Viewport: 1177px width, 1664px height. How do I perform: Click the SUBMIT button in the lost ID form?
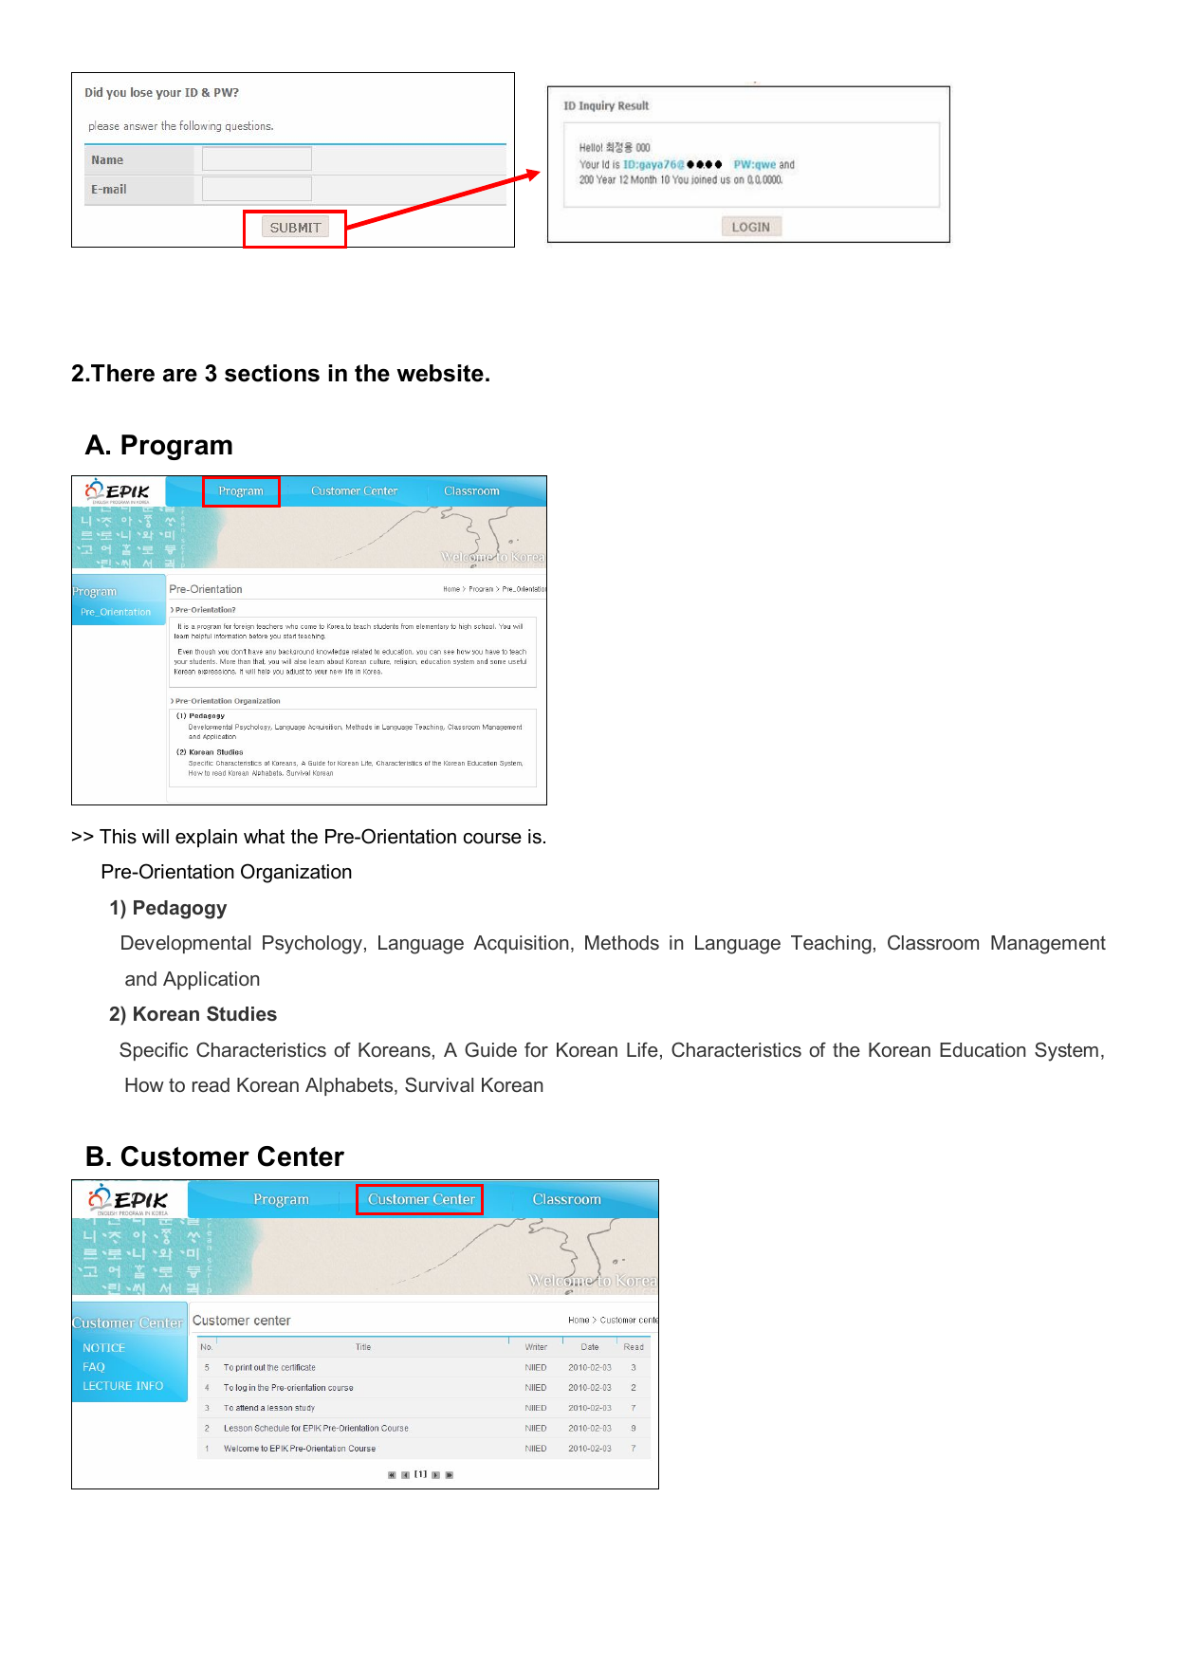[x=295, y=228]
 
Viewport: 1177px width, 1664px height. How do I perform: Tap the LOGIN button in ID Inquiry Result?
[x=751, y=227]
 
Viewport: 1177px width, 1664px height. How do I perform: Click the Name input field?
[x=257, y=159]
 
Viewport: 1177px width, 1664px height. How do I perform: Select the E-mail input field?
[x=257, y=189]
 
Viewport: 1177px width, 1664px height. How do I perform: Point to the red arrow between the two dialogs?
[x=444, y=200]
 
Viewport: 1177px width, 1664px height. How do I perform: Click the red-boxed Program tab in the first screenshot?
[x=241, y=491]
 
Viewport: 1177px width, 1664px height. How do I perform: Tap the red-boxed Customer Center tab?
[x=420, y=1199]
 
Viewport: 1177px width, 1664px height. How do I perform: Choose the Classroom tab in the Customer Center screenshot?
[x=566, y=1199]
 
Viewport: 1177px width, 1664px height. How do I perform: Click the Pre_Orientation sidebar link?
[x=116, y=612]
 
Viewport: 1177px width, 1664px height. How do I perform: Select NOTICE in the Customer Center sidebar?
[x=103, y=1348]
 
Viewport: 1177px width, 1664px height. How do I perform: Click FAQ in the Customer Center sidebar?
[x=94, y=1367]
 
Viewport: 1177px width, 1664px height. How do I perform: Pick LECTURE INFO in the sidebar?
[x=122, y=1386]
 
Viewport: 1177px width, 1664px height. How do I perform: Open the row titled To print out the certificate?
[x=269, y=1368]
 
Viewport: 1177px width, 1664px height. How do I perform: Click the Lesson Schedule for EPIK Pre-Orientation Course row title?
[x=316, y=1428]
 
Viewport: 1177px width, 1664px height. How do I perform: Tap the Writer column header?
[x=536, y=1347]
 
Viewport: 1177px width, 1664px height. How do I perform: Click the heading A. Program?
[x=158, y=445]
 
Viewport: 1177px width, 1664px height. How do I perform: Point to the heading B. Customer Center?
[x=214, y=1156]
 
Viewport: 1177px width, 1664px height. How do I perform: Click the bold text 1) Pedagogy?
[x=168, y=908]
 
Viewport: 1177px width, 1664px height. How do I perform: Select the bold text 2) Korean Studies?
[x=193, y=1014]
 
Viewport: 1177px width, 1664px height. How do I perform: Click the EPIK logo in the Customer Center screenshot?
[x=130, y=1200]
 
